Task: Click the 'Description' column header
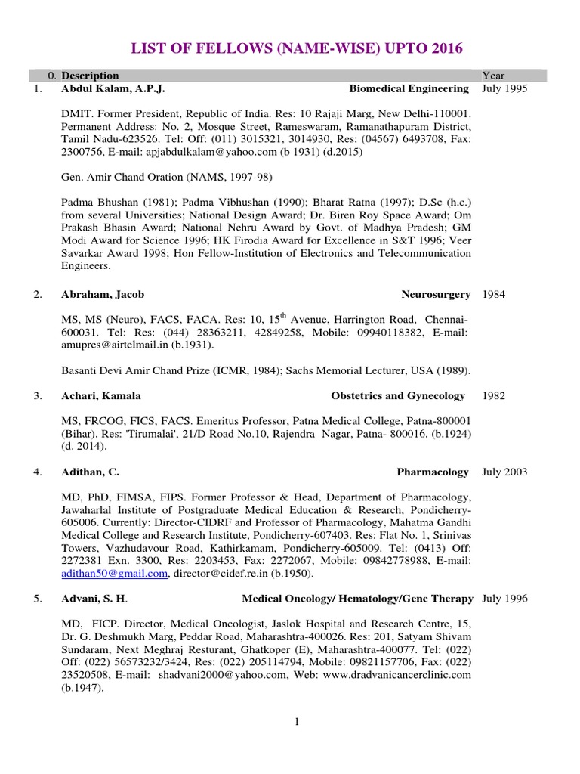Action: point(90,76)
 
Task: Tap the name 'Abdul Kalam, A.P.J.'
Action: point(113,88)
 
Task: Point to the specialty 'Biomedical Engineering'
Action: point(409,88)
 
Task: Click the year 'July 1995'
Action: point(504,88)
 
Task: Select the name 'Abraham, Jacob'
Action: point(103,294)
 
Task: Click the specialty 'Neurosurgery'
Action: point(436,294)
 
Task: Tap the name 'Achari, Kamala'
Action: point(101,395)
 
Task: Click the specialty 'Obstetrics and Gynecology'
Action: point(398,395)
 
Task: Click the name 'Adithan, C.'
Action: point(91,472)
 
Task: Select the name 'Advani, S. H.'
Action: point(94,599)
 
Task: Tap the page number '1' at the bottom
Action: point(298,722)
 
